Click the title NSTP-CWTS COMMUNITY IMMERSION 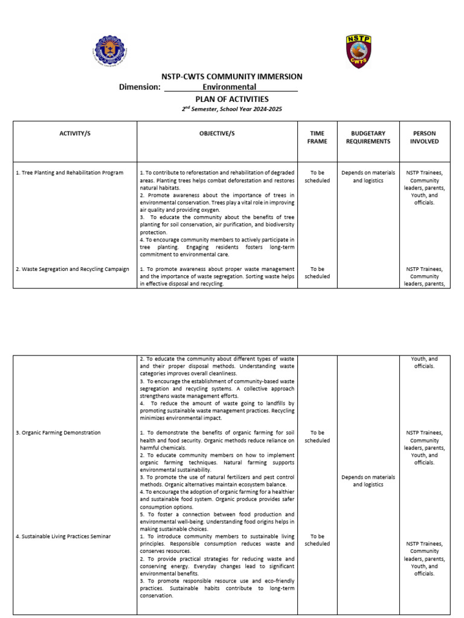coord(231,77)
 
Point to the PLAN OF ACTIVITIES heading coord(231,99)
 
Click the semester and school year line coord(231,109)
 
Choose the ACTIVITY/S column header coord(75,133)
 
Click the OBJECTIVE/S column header coord(217,133)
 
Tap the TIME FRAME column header coord(317,137)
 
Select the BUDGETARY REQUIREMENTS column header coord(368,137)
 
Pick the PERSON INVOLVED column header coord(425,137)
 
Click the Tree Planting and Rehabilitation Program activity coord(69,173)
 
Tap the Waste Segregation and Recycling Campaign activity coord(72,269)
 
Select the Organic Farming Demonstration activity coord(58,433)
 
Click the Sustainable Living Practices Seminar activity coord(63,537)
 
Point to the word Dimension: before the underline coord(140,87)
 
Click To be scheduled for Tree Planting coord(317,176)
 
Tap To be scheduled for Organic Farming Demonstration coord(317,436)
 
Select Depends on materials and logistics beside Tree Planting coord(368,176)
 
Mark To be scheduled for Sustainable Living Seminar coord(317,540)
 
